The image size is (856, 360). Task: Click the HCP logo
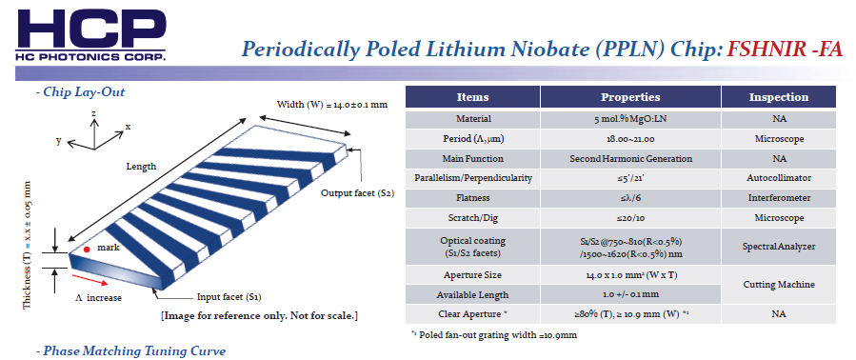91,34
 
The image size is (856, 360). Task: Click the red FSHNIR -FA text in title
785,50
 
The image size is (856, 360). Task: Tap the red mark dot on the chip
87,250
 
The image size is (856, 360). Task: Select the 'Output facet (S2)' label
357,192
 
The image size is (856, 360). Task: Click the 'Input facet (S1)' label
229,298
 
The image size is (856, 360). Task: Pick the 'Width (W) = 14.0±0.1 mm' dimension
332,105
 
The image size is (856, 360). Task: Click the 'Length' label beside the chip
141,166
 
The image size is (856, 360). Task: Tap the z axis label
94,112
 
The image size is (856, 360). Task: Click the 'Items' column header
473,97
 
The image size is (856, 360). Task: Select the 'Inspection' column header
779,97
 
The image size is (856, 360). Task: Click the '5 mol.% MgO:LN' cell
630,119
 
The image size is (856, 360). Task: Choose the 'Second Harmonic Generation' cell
630,159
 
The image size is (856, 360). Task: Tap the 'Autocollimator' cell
779,178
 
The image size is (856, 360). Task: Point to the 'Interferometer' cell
779,198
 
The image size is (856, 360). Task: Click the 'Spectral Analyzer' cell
779,247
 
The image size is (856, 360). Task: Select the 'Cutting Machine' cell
779,285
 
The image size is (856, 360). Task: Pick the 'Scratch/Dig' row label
473,218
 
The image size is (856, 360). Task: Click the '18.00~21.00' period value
630,139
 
